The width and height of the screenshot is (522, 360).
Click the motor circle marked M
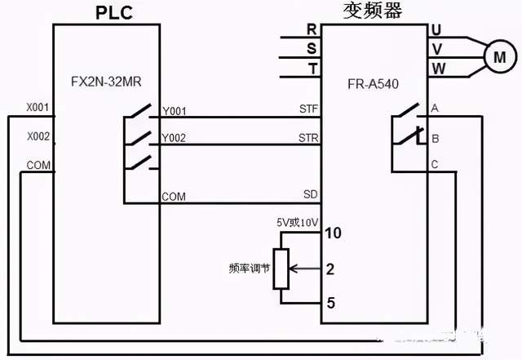click(500, 56)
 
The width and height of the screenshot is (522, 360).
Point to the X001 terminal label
click(38, 107)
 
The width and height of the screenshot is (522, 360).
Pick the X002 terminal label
click(38, 136)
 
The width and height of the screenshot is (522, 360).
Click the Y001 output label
click(174, 110)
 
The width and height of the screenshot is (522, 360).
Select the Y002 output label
click(174, 138)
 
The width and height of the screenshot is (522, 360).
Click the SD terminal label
click(310, 194)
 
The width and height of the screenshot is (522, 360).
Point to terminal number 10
click(332, 233)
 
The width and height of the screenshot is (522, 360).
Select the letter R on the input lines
click(311, 29)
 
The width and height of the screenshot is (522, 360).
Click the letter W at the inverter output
click(438, 69)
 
